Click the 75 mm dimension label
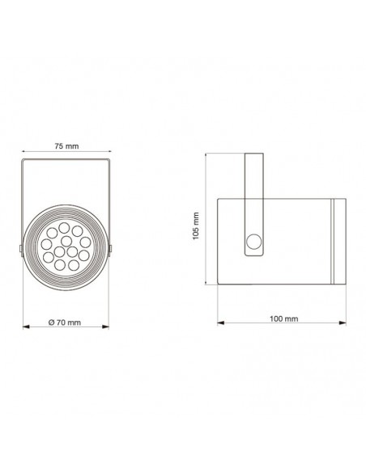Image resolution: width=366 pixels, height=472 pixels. [66, 146]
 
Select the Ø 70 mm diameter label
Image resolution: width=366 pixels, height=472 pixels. [65, 322]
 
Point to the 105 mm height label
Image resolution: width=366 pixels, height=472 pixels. [196, 225]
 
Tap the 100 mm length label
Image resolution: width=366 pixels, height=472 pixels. [283, 318]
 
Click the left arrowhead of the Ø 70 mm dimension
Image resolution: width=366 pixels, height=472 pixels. [27, 327]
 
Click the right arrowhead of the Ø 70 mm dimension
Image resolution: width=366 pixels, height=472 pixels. [105, 327]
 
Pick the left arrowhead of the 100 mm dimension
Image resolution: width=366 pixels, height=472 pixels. [221, 322]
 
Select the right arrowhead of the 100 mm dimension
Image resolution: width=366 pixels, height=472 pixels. [343, 322]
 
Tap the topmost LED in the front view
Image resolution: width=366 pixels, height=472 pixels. [64, 228]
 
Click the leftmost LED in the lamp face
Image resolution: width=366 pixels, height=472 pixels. [46, 244]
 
